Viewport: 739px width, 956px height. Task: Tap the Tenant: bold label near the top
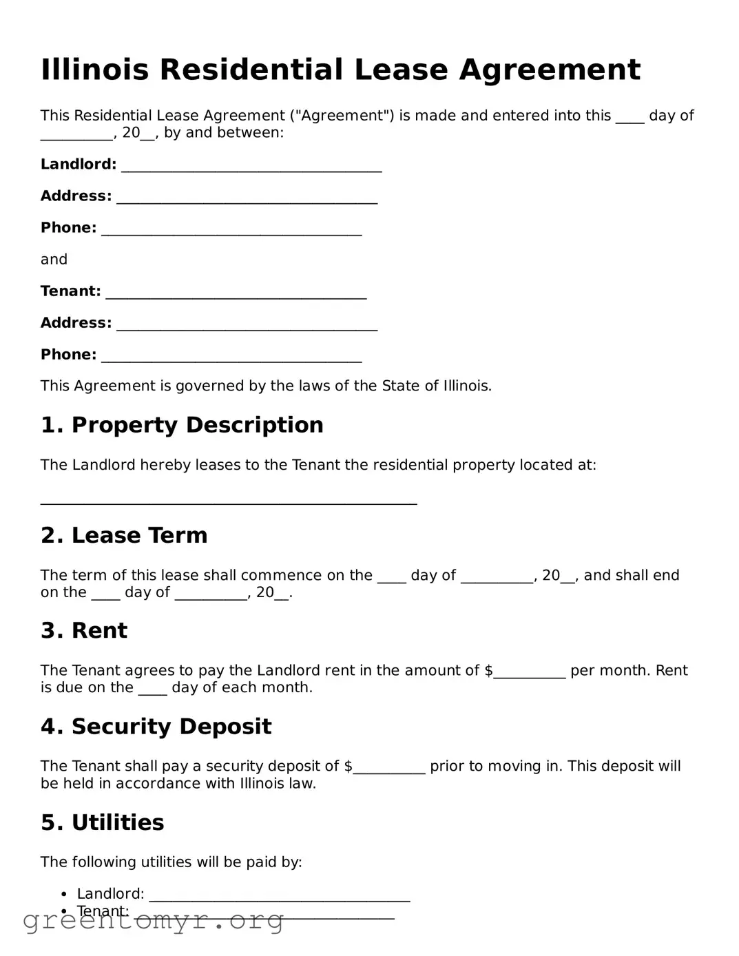[70, 291]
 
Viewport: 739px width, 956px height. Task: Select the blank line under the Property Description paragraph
[229, 501]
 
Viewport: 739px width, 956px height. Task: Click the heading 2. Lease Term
[124, 536]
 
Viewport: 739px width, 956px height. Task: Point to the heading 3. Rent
[84, 631]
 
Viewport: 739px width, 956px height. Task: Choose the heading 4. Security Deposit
[156, 727]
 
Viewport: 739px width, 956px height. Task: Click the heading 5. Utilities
[103, 822]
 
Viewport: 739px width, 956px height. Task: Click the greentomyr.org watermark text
[153, 920]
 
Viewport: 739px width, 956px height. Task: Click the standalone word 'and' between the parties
[54, 260]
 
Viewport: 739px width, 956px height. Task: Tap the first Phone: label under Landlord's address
[68, 228]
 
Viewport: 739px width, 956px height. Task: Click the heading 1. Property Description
[182, 425]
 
